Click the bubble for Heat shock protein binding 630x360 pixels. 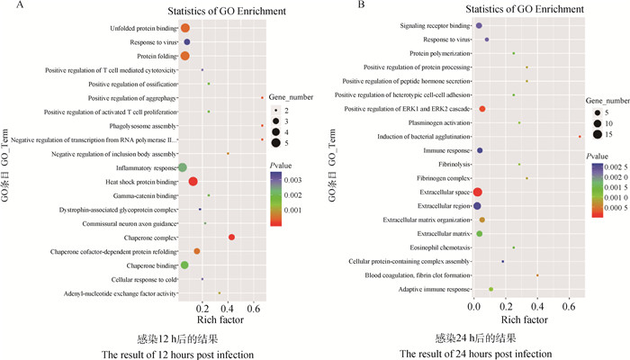193,182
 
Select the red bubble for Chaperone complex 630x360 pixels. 231,237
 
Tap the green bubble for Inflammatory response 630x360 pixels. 183,167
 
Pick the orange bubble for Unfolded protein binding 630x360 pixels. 185,29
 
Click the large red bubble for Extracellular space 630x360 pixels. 478,192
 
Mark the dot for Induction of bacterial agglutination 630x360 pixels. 580,136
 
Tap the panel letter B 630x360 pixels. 337,7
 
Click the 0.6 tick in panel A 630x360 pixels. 257,308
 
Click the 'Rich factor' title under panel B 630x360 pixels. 524,319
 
